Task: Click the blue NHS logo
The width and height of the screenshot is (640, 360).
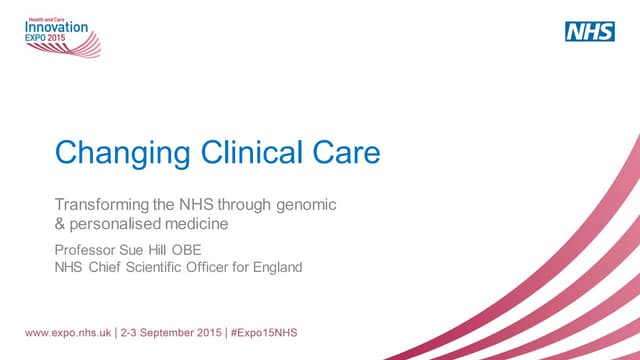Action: coord(590,31)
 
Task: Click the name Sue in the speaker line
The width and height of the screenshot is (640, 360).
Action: coord(140,249)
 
